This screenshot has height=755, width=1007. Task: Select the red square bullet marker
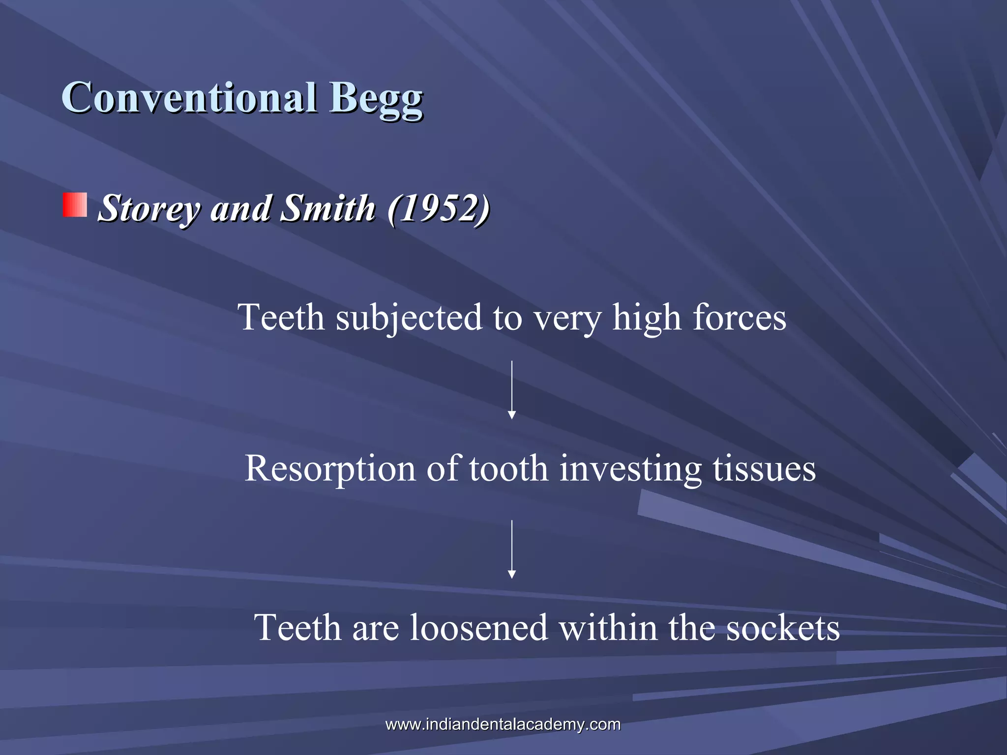(x=75, y=205)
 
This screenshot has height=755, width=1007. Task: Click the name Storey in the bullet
(x=149, y=208)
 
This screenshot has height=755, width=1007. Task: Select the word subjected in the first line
(x=409, y=318)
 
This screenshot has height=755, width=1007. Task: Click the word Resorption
(x=329, y=468)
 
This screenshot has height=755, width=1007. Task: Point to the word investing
(x=630, y=468)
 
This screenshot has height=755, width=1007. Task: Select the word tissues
(x=764, y=468)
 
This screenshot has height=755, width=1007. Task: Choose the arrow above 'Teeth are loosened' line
(x=511, y=549)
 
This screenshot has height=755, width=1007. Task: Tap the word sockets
(x=783, y=628)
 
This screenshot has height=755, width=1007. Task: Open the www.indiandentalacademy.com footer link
(x=503, y=724)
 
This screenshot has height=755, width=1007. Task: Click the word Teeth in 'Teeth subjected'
(x=281, y=318)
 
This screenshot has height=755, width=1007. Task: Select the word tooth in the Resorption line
(x=508, y=468)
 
